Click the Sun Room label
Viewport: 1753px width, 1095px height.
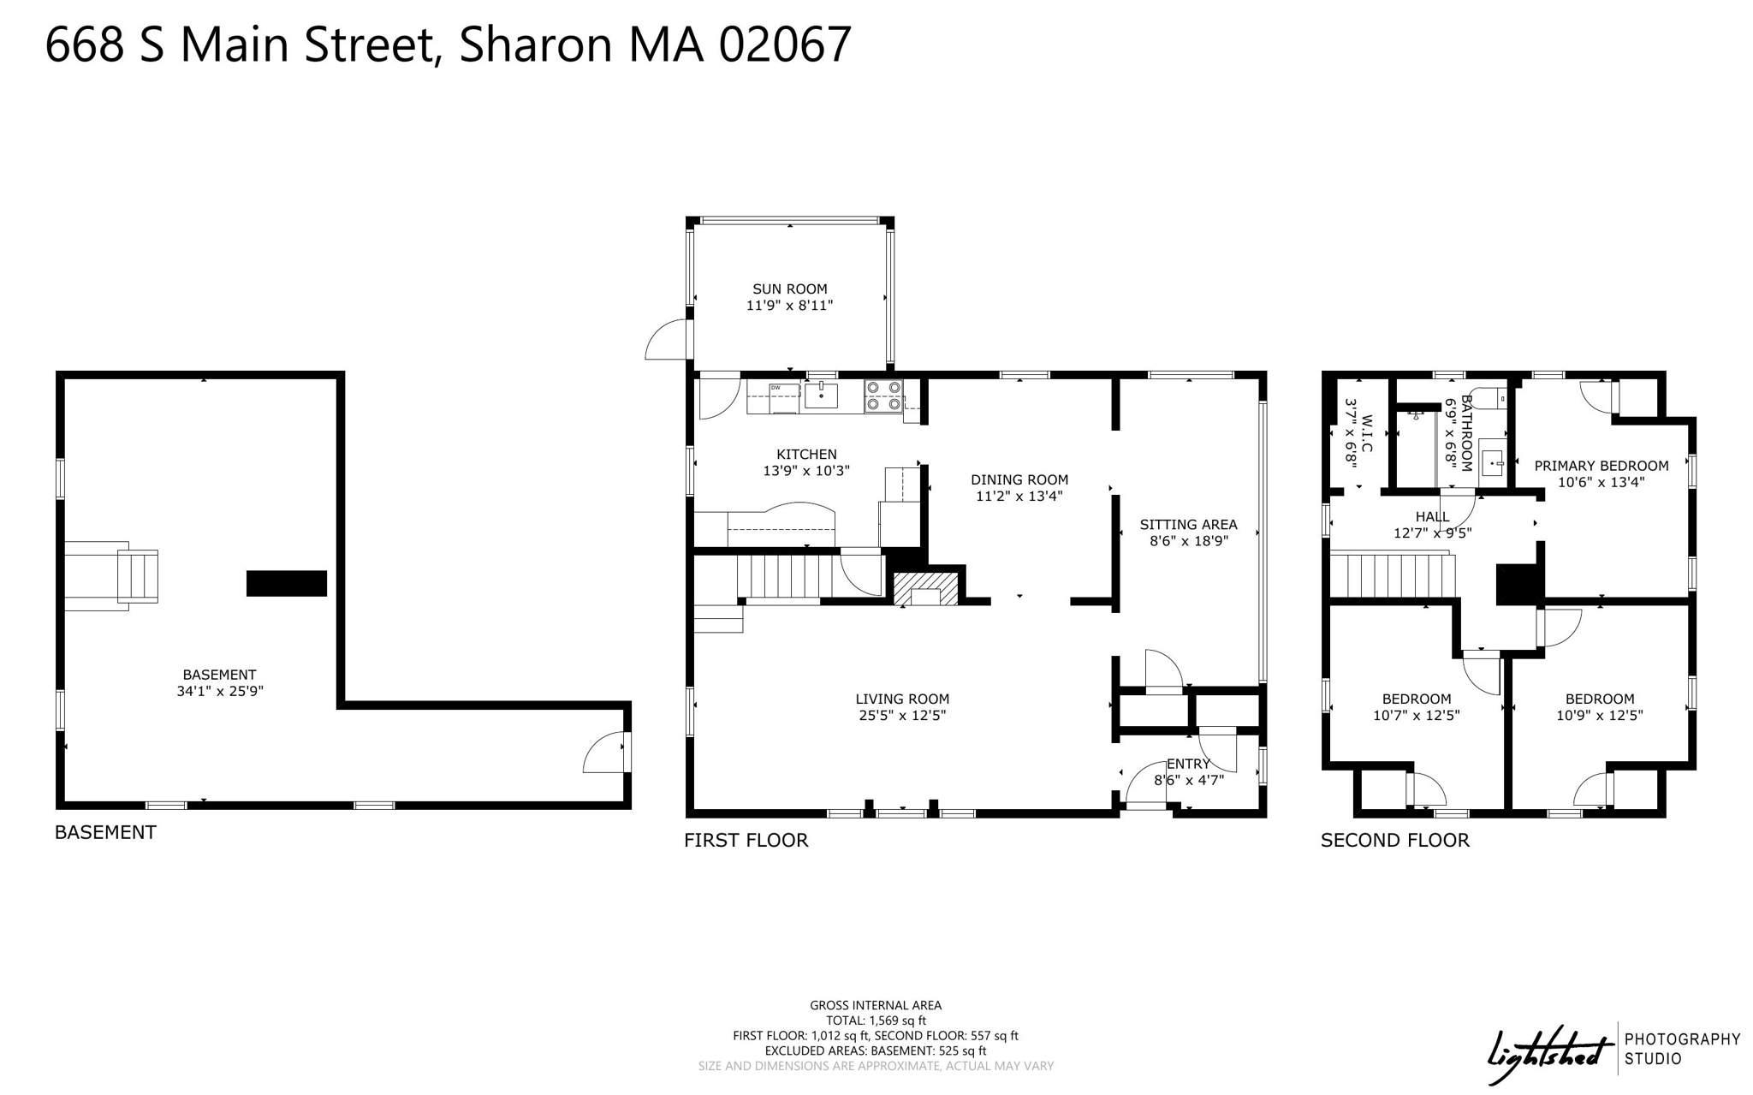(x=789, y=289)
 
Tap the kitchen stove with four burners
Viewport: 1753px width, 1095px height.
(x=883, y=396)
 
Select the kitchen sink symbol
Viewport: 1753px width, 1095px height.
(x=821, y=395)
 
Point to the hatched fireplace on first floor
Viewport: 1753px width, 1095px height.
(x=925, y=589)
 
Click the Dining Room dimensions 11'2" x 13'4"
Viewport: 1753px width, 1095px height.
(x=1019, y=496)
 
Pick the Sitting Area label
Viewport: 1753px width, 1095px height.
(x=1188, y=525)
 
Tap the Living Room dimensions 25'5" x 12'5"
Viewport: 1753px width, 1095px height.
(x=902, y=716)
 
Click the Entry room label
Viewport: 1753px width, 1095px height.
(x=1188, y=764)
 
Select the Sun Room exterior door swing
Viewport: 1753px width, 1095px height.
(x=667, y=339)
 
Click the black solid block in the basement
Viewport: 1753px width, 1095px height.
(x=287, y=583)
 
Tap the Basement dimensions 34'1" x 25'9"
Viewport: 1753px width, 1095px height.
(x=220, y=691)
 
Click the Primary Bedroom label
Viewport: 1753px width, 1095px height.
(x=1601, y=466)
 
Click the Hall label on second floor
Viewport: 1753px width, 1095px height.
(x=1432, y=517)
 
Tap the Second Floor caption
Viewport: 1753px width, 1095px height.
(x=1395, y=841)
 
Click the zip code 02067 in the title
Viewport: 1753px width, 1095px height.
(x=785, y=45)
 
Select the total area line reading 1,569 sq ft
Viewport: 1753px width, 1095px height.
(x=876, y=1021)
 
